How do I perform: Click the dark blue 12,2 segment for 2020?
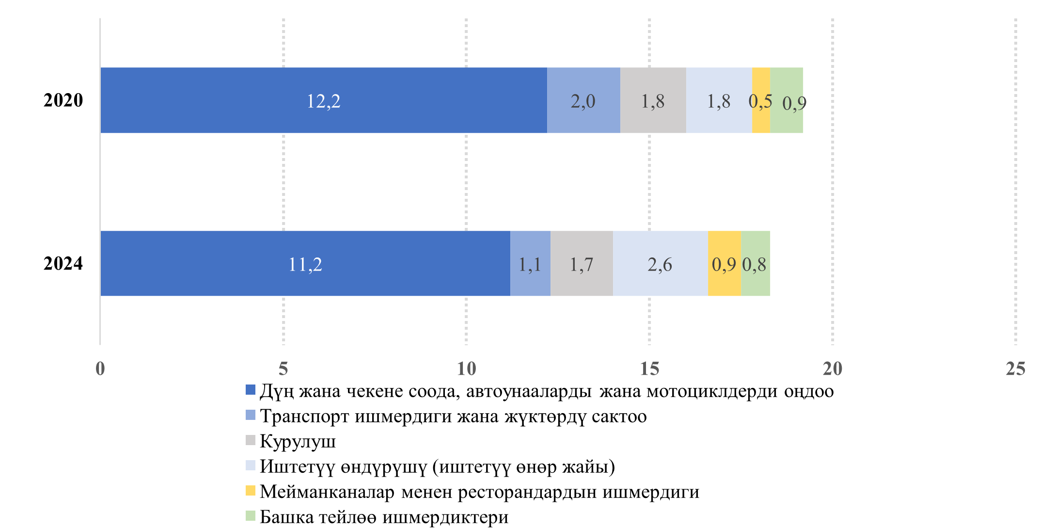click(x=323, y=100)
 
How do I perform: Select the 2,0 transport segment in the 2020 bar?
click(x=583, y=100)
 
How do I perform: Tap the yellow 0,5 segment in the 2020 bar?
click(x=761, y=100)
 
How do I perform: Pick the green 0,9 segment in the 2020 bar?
click(x=787, y=100)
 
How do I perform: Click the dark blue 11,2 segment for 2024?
click(x=305, y=263)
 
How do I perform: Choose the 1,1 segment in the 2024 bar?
click(x=530, y=263)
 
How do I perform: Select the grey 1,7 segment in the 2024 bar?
click(x=582, y=263)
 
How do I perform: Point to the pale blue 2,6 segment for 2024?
click(x=660, y=263)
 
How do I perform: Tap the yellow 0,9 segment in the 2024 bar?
click(x=724, y=263)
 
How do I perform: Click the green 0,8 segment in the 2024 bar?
click(x=756, y=263)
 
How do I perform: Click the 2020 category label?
click(x=63, y=100)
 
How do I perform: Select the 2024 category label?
click(x=63, y=263)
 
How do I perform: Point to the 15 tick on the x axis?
click(x=649, y=369)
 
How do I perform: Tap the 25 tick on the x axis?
click(x=1015, y=369)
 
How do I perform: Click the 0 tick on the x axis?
click(x=100, y=369)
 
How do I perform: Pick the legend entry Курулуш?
click(x=298, y=441)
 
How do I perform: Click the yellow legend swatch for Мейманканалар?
click(x=250, y=491)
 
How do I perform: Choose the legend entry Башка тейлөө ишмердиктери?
click(x=384, y=517)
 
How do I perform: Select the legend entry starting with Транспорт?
click(x=453, y=416)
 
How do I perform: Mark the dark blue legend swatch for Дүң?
click(x=250, y=390)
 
